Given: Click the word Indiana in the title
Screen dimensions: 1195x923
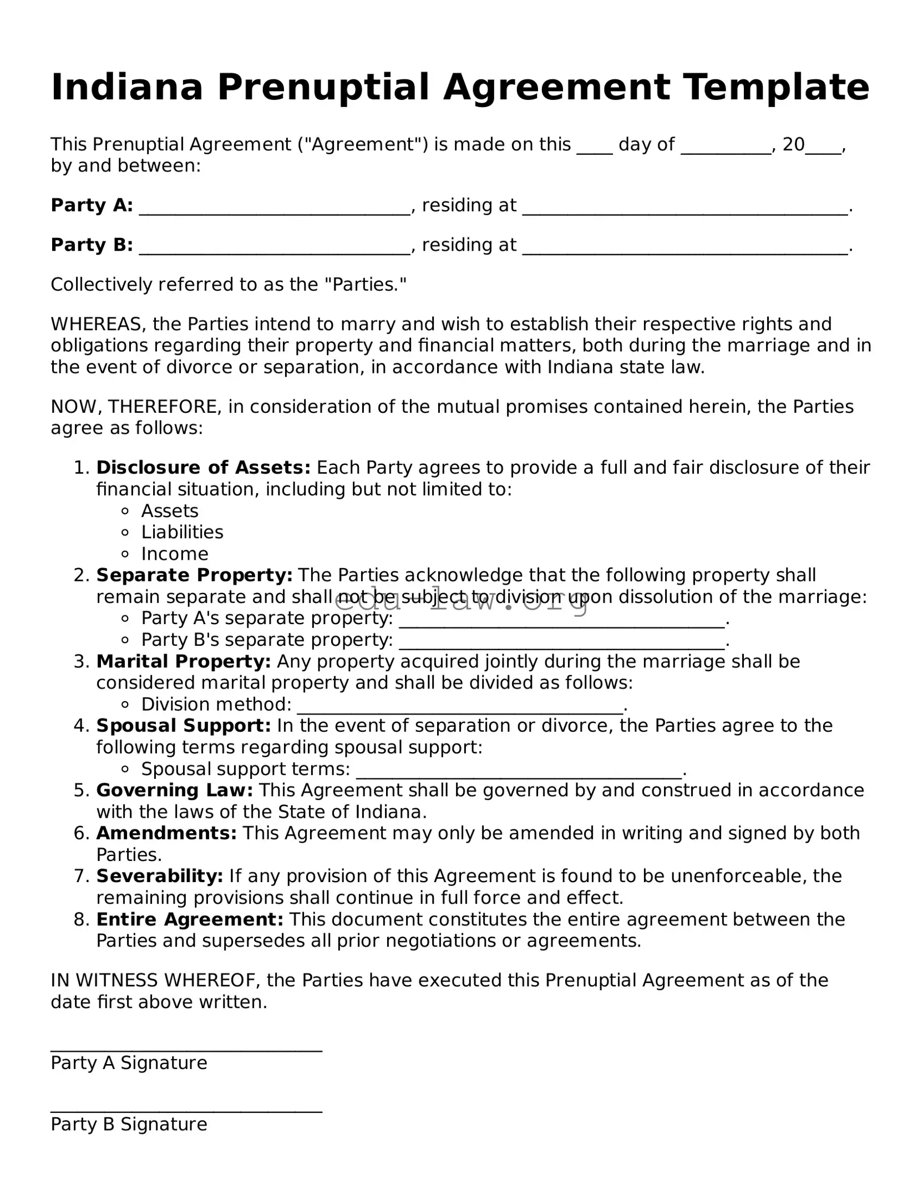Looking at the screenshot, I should [x=127, y=88].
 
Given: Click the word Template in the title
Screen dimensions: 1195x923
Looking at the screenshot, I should [x=775, y=88].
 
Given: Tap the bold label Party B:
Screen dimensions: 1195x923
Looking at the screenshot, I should [x=92, y=245].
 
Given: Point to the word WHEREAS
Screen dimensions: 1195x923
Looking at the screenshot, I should [x=98, y=324].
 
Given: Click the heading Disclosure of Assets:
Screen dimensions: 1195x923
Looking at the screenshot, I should [x=203, y=468].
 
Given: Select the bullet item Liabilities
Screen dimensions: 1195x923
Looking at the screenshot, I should [x=182, y=533].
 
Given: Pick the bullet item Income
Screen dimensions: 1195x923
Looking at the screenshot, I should [x=175, y=554].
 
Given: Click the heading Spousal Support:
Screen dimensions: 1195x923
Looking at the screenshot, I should [x=183, y=726].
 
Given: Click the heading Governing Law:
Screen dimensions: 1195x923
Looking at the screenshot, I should [x=174, y=791].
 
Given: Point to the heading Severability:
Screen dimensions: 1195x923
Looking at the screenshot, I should [x=159, y=877].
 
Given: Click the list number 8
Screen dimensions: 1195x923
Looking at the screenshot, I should [x=81, y=920].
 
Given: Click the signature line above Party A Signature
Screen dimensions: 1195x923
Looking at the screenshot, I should [x=186, y=1050].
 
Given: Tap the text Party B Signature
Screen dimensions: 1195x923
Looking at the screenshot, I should [x=129, y=1125].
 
